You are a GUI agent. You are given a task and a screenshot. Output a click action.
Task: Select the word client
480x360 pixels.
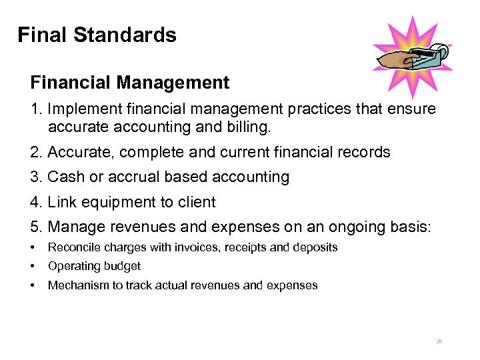coord(193,202)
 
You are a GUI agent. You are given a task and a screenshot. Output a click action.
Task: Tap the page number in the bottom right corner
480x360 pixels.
coord(439,341)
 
